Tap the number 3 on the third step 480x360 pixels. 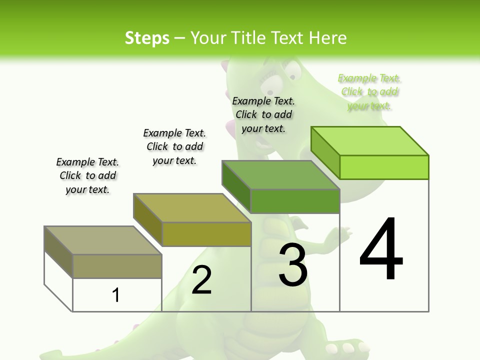tap(293, 265)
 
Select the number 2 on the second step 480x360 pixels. tap(201, 280)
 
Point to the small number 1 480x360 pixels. tap(116, 295)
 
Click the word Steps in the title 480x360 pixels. tap(147, 38)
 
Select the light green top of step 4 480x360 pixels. tap(370, 140)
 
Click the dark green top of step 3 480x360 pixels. tap(280, 174)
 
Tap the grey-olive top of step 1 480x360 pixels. tap(102, 240)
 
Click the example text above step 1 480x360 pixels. tap(87, 175)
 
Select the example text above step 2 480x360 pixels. tap(174, 146)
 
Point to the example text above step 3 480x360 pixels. tap(263, 114)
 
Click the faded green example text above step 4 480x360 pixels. tap(369, 92)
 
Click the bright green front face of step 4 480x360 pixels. tap(384, 167)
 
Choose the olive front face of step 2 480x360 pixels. tap(206, 234)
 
